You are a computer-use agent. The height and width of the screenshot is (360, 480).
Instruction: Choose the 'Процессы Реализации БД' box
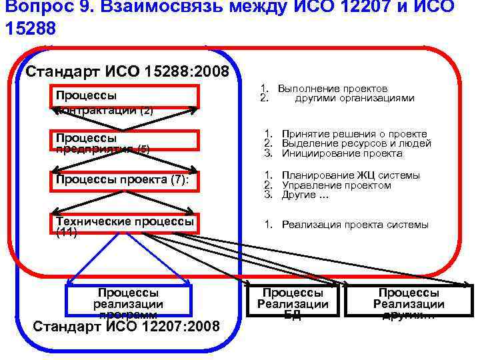tap(293, 303)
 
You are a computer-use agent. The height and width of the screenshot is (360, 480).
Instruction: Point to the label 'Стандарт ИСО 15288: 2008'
tap(127, 71)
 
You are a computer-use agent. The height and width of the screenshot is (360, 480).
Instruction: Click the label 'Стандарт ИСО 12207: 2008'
tap(126, 326)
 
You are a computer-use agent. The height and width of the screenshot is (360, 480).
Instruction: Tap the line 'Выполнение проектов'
tap(333, 89)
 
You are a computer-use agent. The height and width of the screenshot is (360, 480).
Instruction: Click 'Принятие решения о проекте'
tap(354, 134)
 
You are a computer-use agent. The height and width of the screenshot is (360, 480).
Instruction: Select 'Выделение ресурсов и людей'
tap(356, 143)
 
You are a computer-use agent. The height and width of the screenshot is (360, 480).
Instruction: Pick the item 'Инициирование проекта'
tap(342, 153)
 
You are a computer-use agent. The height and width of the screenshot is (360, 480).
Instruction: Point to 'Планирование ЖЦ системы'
tap(351, 175)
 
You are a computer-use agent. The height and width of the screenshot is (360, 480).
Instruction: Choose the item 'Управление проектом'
tap(336, 185)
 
